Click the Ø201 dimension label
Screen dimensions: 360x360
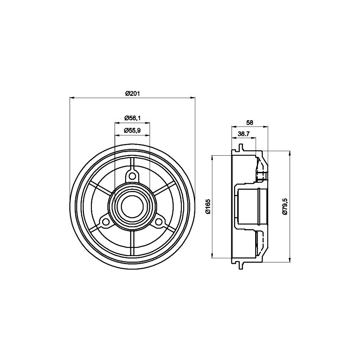(132, 93)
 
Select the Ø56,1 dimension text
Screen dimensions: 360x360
(132, 118)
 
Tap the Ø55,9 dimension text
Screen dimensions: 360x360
(132, 130)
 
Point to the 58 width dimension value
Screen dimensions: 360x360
(250, 122)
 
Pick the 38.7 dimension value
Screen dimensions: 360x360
(243, 134)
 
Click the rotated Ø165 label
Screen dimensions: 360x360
(208, 207)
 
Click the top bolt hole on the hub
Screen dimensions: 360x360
(132, 176)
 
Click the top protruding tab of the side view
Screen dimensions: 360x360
(241, 147)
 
